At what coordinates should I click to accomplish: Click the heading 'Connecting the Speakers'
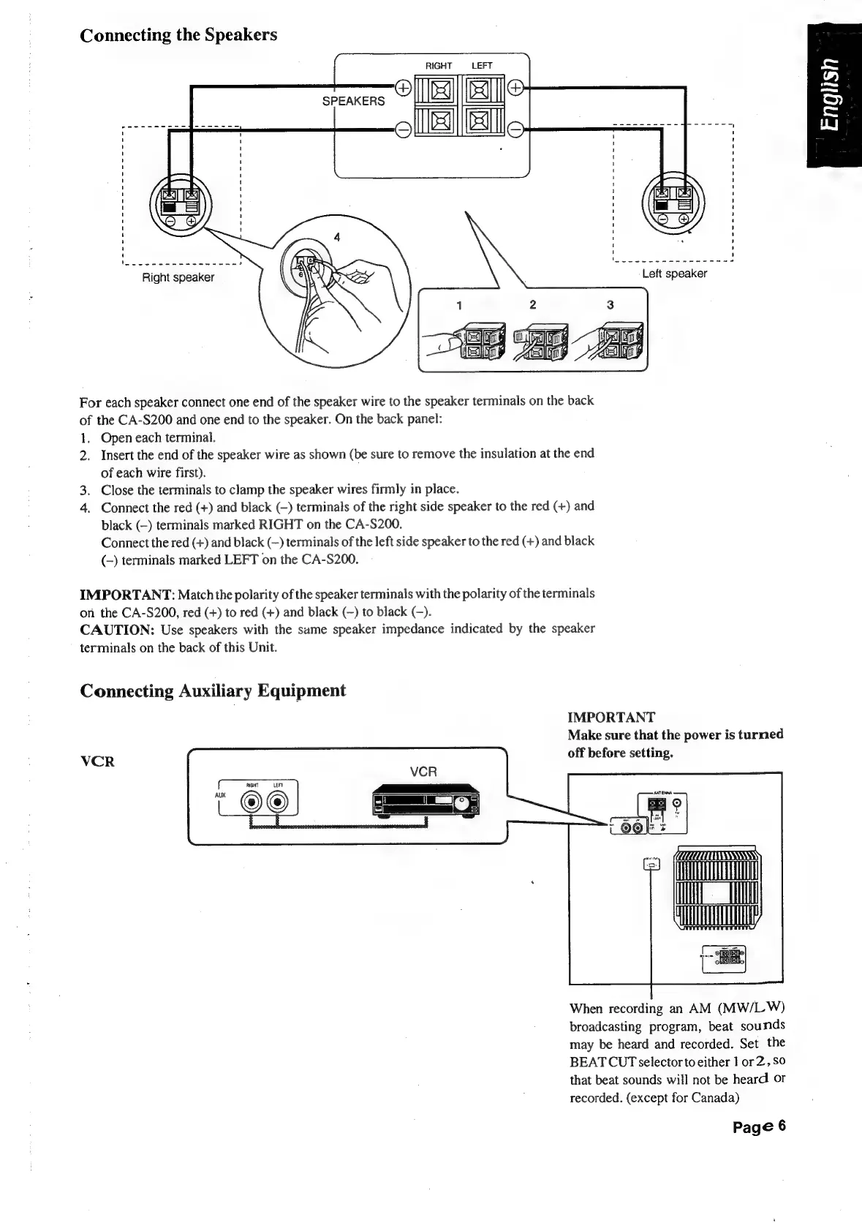[x=178, y=35]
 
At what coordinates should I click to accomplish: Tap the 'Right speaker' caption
[x=178, y=277]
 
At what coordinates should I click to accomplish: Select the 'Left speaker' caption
[x=674, y=274]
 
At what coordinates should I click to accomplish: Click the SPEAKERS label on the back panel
[x=353, y=101]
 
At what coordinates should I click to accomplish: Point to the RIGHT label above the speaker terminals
[x=438, y=66]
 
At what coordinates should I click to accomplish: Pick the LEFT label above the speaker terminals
[x=482, y=66]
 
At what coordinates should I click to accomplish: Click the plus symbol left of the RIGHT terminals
[x=401, y=88]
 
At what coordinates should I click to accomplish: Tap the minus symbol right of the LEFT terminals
[x=515, y=131]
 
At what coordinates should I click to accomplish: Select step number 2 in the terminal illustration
[x=533, y=304]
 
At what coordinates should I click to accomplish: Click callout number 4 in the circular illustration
[x=336, y=237]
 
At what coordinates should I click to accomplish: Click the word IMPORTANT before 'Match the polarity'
[x=126, y=592]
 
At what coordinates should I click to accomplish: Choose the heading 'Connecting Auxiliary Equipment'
[x=213, y=690]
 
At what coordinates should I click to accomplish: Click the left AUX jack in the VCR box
[x=253, y=803]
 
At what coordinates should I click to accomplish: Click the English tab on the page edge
[x=834, y=95]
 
